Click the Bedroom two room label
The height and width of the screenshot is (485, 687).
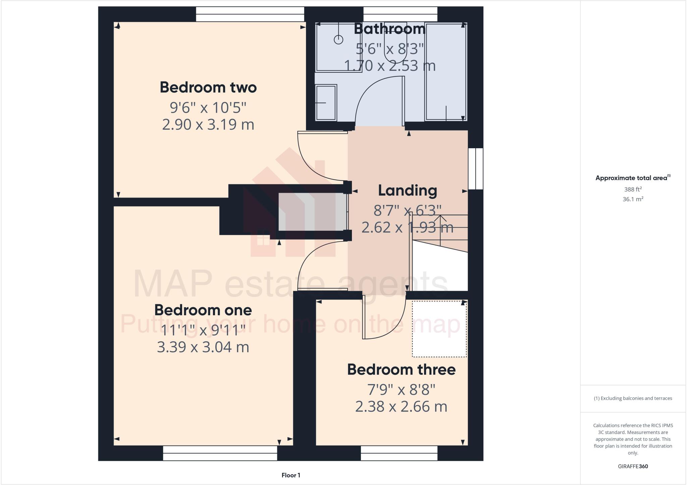point(208,88)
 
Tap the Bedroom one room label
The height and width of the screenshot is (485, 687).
point(203,310)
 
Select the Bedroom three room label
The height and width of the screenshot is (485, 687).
point(401,370)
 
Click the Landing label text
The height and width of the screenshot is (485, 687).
point(408,191)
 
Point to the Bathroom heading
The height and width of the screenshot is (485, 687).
point(390,29)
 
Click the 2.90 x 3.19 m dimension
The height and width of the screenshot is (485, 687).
point(208,125)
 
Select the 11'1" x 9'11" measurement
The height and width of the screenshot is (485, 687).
point(203,330)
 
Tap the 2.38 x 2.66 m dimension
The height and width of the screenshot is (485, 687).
point(401,407)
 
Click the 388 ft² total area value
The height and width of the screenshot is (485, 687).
point(633,190)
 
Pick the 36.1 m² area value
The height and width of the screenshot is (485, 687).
point(633,199)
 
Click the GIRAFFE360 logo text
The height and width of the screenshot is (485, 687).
point(633,466)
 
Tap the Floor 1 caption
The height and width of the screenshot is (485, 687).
point(291,475)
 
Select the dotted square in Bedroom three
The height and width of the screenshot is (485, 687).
point(439,329)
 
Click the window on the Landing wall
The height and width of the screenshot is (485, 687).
point(476,169)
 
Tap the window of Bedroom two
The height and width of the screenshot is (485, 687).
point(250,14)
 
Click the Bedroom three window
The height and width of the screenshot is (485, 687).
point(399,453)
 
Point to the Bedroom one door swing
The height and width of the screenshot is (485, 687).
point(315,265)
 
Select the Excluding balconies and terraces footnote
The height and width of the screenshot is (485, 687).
point(633,398)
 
